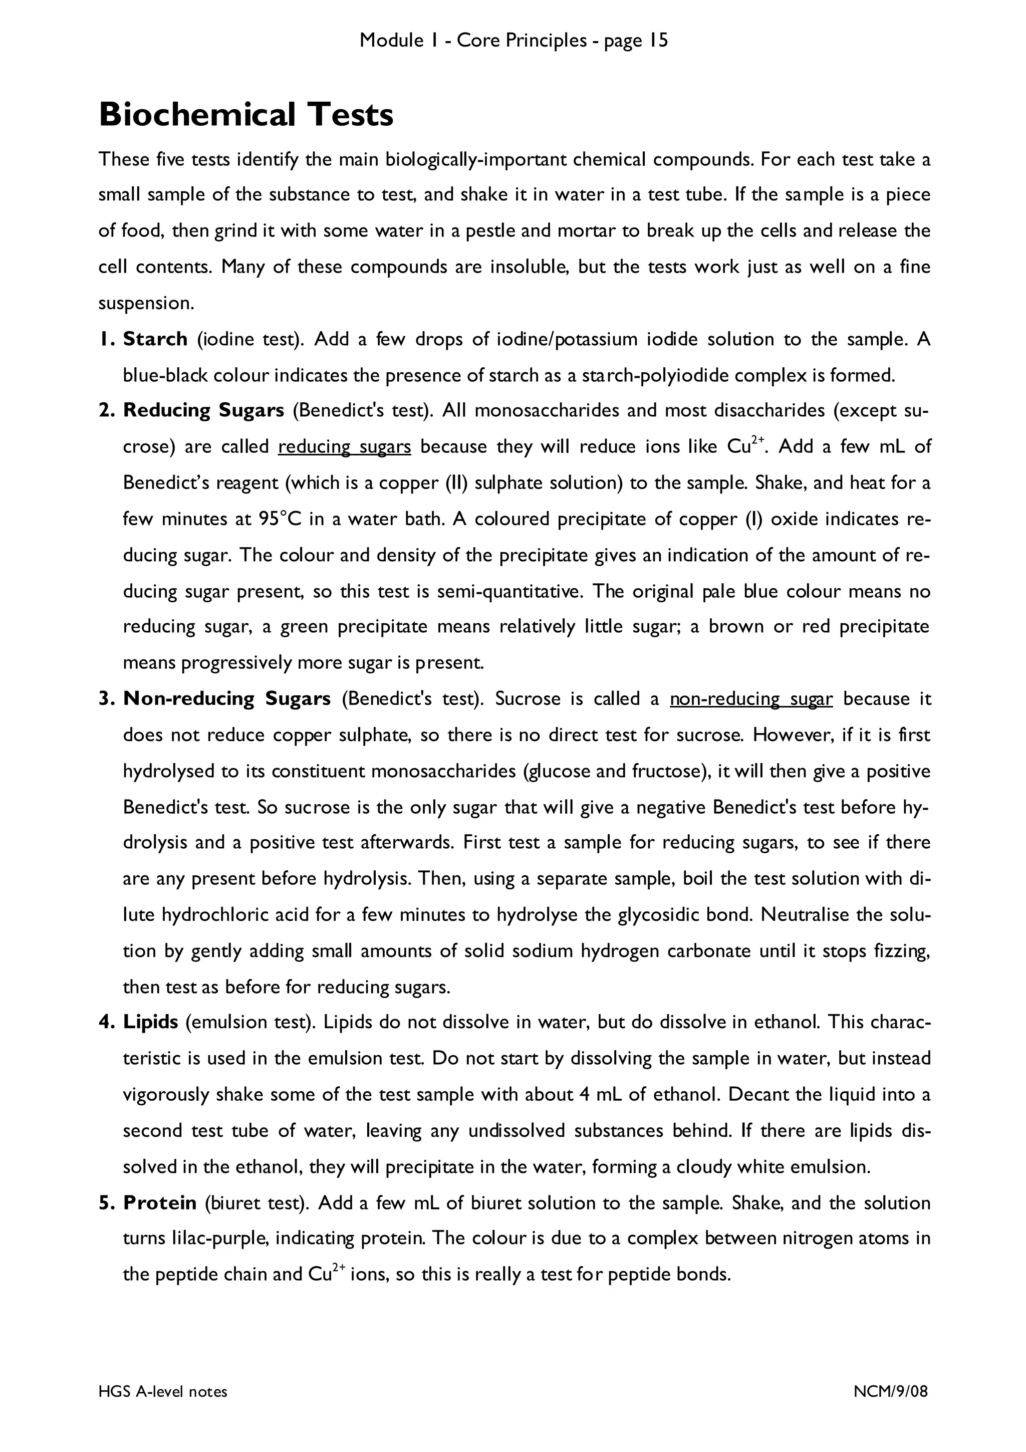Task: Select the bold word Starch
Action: [x=155, y=339]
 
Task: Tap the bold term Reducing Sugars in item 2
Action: [x=203, y=410]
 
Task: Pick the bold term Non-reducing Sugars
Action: [x=227, y=699]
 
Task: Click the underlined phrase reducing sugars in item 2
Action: [x=345, y=447]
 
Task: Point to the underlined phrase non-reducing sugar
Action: [x=751, y=699]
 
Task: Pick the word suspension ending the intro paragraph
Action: [x=144, y=304]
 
